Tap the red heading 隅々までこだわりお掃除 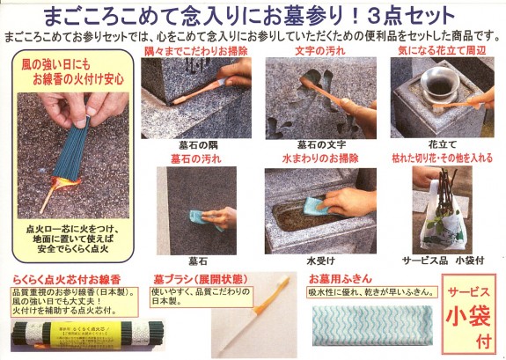[195, 53]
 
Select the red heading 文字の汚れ [319, 53]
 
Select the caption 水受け [319, 261]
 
